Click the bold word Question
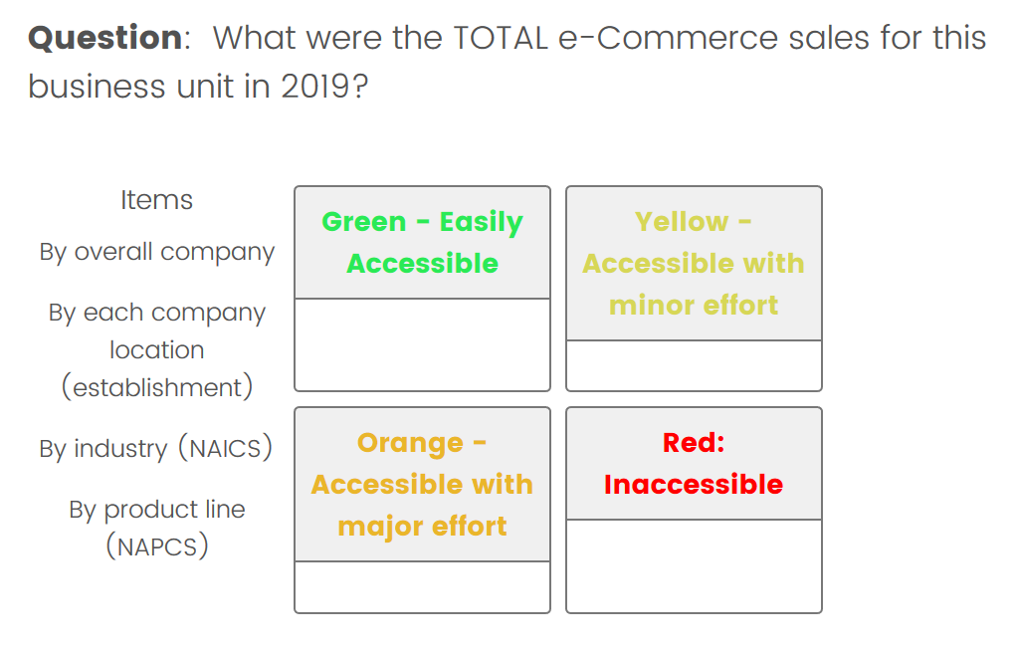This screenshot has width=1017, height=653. click(x=105, y=38)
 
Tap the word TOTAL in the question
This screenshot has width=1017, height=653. click(x=501, y=38)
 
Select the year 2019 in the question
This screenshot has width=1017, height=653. click(x=316, y=87)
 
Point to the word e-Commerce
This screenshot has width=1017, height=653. click(x=668, y=38)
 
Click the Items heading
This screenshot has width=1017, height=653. click(x=157, y=200)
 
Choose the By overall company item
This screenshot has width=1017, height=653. click(x=157, y=252)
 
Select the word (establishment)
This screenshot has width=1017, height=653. click(x=157, y=387)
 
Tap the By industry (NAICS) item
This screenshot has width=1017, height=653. click(x=156, y=449)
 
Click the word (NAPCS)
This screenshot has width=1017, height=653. click(x=157, y=545)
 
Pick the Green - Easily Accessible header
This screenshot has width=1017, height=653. click(x=422, y=243)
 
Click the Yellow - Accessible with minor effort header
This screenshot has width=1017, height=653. click(x=694, y=264)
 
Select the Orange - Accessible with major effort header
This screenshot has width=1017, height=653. click(x=422, y=484)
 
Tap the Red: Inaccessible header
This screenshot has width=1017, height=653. click(x=694, y=464)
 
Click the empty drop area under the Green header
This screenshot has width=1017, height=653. click(x=422, y=344)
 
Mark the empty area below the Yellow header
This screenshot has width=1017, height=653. click(x=694, y=365)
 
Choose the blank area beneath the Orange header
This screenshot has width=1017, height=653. click(x=422, y=586)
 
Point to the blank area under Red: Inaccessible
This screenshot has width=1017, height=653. click(x=694, y=566)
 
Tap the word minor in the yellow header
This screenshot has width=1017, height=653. click(x=651, y=305)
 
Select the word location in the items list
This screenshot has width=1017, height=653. click(x=157, y=350)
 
